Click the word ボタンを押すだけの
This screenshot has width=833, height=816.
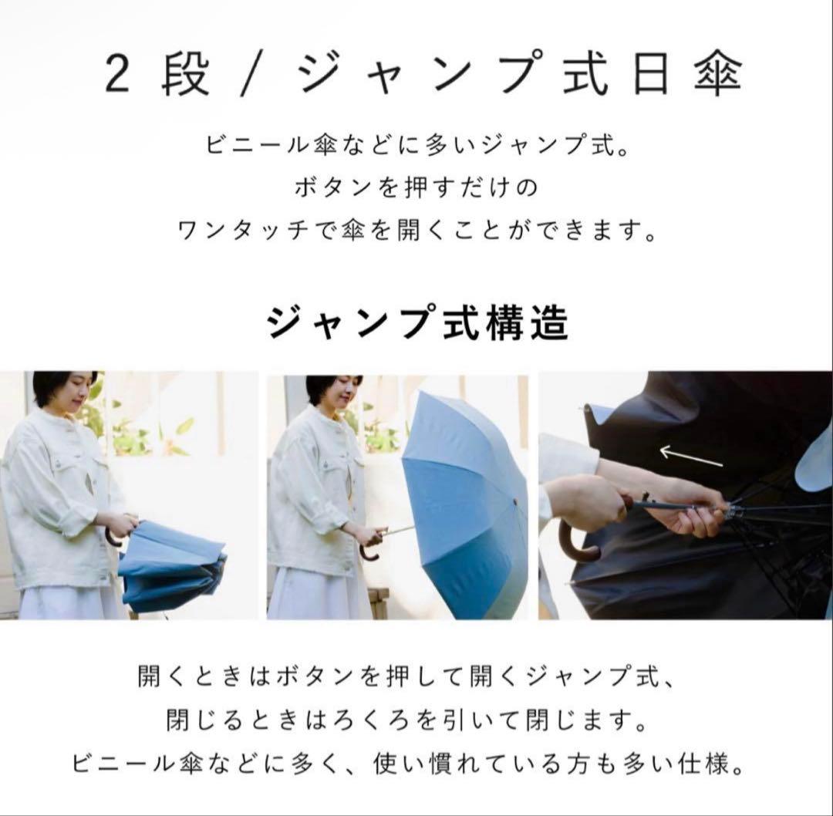pyautogui.click(x=416, y=187)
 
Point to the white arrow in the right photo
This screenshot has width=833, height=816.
pyautogui.click(x=691, y=457)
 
